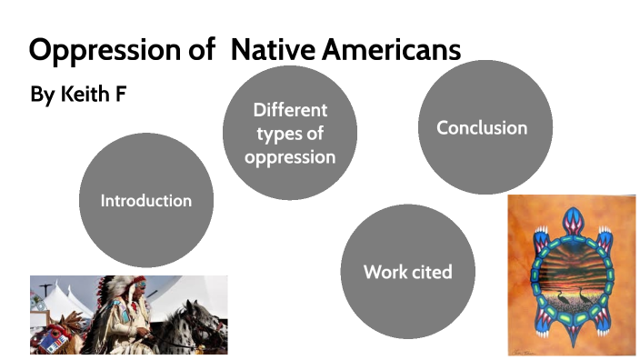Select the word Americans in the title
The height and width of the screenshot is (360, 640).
[x=392, y=49]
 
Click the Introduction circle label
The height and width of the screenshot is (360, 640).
[x=145, y=200]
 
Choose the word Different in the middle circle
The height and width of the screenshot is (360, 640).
[x=290, y=111]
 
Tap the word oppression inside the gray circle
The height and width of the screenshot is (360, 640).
[x=290, y=156]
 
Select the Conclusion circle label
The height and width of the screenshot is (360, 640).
[x=482, y=127]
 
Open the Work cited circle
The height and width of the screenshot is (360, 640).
[x=407, y=272]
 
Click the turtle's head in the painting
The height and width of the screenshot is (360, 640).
[x=571, y=220]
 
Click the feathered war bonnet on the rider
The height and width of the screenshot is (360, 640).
[x=123, y=291]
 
